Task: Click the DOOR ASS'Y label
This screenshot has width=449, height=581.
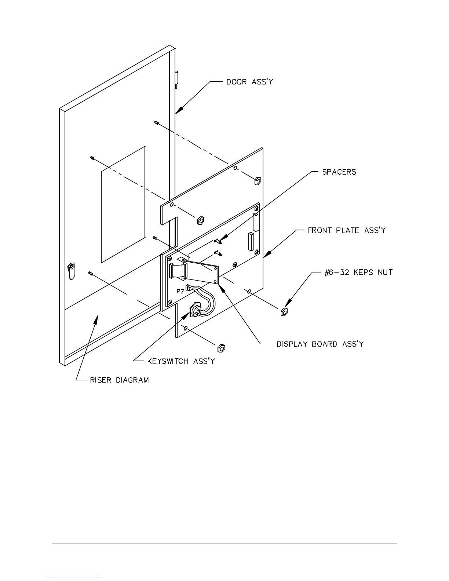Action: [x=249, y=82]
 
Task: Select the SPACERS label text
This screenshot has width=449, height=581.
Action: [x=339, y=172]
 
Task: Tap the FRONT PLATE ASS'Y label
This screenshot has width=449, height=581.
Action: [x=346, y=230]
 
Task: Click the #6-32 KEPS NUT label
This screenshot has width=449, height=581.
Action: [x=358, y=273]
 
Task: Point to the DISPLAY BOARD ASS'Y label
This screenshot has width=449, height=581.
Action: [x=320, y=344]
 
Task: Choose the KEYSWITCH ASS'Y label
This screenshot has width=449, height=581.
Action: [x=181, y=361]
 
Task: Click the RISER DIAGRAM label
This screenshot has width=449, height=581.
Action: [x=119, y=380]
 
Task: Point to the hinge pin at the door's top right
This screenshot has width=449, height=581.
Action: [x=177, y=78]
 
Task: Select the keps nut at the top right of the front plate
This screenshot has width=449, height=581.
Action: [x=257, y=180]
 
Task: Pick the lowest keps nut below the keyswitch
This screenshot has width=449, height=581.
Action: [x=221, y=347]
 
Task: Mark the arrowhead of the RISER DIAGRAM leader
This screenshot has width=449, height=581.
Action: [x=96, y=318]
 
